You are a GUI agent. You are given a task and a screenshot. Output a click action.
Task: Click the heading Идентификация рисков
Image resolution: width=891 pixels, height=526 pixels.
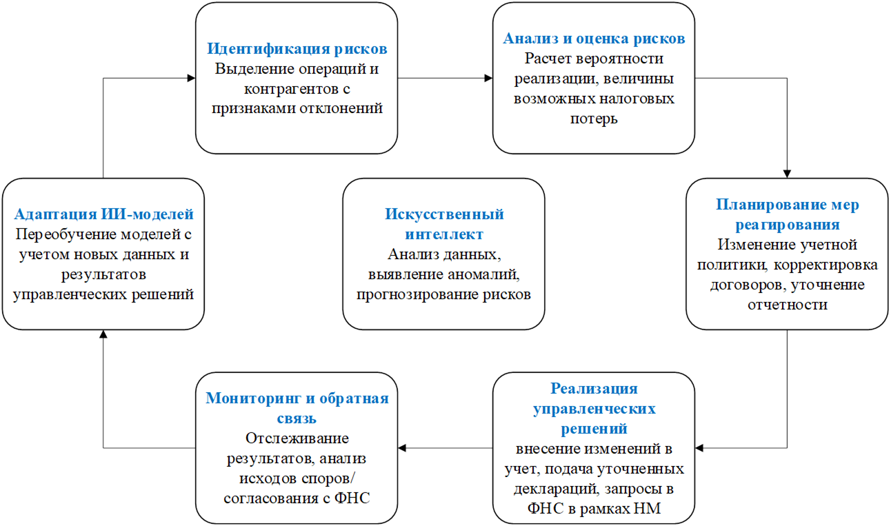[297, 50]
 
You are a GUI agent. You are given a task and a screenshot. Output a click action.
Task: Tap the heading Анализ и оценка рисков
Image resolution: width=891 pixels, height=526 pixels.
[594, 39]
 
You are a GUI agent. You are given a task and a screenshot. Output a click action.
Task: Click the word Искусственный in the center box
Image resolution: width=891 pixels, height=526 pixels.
[444, 214]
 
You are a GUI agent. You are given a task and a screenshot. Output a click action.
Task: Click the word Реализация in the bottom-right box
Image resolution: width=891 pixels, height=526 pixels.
[594, 389]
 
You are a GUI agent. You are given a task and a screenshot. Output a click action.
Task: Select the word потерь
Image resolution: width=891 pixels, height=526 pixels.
[594, 119]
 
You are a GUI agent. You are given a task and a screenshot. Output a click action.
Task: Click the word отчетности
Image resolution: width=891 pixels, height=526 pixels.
[787, 304]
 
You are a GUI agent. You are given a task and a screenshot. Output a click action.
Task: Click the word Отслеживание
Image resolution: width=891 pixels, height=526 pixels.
[297, 438]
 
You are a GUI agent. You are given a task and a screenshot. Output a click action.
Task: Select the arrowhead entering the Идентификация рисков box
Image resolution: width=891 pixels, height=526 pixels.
[191, 78]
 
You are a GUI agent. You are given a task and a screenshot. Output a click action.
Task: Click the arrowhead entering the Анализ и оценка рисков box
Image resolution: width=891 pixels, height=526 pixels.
[488, 78]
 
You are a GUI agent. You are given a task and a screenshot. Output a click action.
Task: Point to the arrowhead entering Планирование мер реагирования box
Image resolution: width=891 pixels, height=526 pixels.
[787, 174]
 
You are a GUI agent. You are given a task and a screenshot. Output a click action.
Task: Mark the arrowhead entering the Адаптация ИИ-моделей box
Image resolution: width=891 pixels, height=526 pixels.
[103, 334]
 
